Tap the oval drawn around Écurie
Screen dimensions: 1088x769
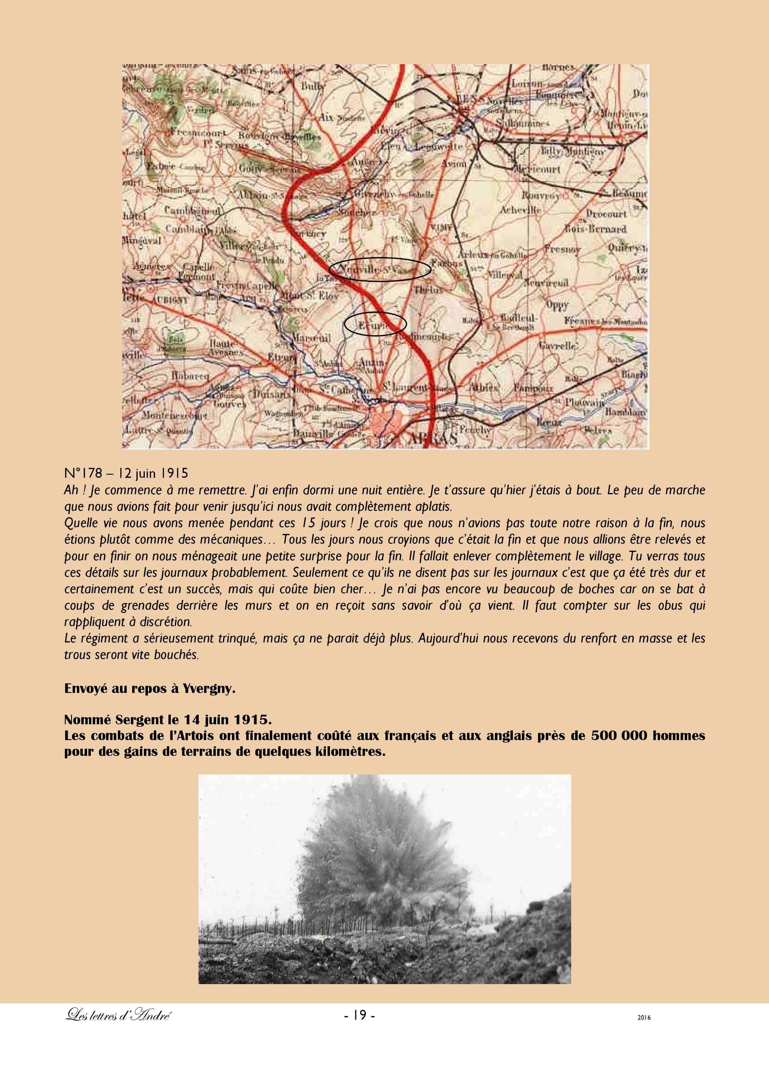pyautogui.click(x=375, y=324)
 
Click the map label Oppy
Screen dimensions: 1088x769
pyautogui.click(x=557, y=304)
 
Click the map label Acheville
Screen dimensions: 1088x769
pyautogui.click(x=521, y=210)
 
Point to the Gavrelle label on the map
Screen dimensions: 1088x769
pyautogui.click(x=558, y=346)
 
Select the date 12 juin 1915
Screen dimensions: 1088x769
pyautogui.click(x=153, y=473)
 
